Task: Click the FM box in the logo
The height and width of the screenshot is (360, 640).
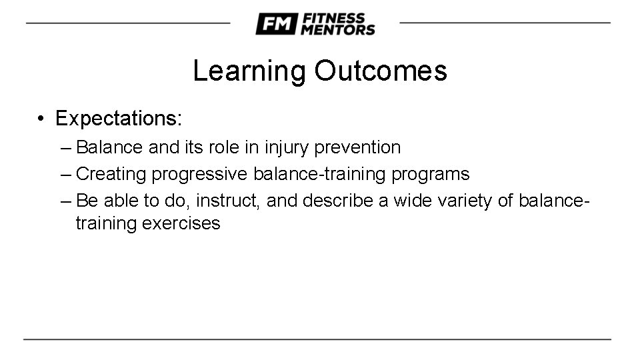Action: point(275,24)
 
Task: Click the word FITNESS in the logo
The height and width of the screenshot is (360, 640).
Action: point(333,18)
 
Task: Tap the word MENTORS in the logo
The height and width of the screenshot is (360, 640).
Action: point(338,29)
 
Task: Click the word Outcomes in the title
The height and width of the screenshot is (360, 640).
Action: point(381,71)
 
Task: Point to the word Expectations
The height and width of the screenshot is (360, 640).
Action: point(118,119)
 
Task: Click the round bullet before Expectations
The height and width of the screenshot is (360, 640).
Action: point(41,119)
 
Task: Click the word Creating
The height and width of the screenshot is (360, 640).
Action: point(111,175)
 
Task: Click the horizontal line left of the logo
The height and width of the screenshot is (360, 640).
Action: point(127,23)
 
